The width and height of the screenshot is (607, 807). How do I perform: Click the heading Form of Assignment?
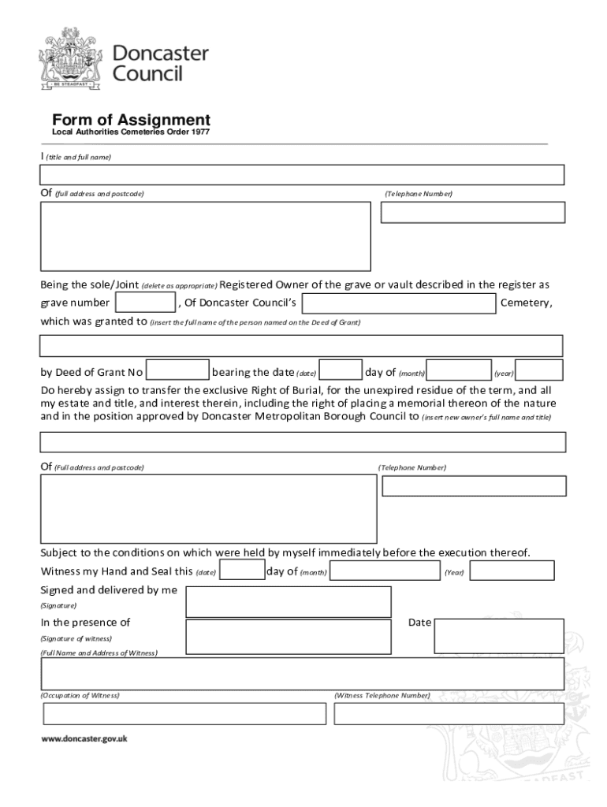[x=131, y=120]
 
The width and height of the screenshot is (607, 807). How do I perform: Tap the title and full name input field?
[x=303, y=175]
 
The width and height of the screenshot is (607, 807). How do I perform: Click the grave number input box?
[x=145, y=303]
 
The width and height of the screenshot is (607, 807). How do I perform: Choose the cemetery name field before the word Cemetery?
[x=399, y=303]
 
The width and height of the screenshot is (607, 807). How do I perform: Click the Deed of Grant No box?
[x=178, y=370]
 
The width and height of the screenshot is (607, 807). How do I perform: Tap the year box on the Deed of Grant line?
[x=539, y=370]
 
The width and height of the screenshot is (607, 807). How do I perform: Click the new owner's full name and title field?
[x=303, y=442]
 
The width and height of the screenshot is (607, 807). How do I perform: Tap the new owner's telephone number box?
[x=474, y=486]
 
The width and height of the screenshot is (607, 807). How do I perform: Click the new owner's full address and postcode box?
[x=208, y=508]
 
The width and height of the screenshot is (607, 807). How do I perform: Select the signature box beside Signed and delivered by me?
[x=289, y=601]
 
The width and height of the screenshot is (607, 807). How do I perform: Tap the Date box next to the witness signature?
[x=499, y=635]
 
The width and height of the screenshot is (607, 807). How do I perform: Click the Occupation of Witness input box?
[x=184, y=713]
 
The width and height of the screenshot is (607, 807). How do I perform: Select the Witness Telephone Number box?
[x=449, y=713]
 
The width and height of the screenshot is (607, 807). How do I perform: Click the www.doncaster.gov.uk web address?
[x=84, y=739]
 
